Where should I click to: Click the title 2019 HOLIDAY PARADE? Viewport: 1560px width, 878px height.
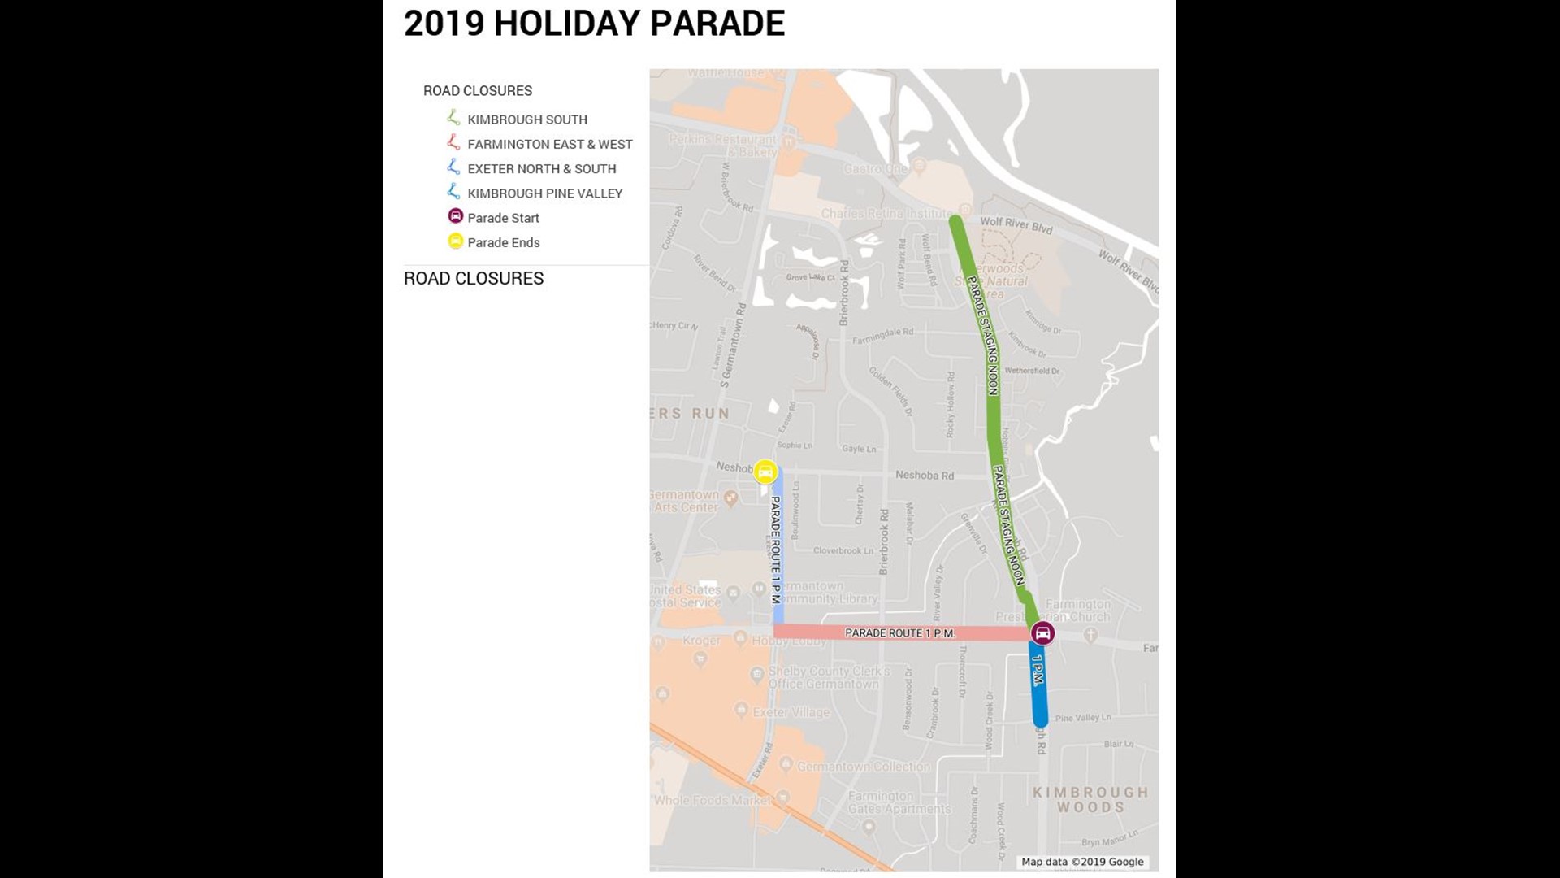594,24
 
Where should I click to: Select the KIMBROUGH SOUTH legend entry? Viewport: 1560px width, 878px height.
526,120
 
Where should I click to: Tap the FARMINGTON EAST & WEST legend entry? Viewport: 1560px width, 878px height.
549,144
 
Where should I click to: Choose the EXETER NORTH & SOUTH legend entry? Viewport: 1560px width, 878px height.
541,168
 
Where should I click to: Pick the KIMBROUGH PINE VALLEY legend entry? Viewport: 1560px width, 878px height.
544,193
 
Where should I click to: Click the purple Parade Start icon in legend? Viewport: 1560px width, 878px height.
456,216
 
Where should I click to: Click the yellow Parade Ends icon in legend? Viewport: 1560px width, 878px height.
456,241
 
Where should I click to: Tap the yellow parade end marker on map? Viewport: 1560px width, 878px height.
765,472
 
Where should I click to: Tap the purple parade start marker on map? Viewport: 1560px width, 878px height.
1042,633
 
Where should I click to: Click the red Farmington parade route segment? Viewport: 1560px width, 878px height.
899,632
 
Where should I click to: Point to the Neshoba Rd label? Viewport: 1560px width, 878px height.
925,476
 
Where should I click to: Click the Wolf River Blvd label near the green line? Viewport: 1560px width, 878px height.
1016,224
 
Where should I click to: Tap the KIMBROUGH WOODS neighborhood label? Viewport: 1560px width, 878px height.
1090,799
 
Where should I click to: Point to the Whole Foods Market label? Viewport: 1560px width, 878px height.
713,800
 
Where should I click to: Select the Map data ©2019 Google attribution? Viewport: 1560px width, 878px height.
1082,862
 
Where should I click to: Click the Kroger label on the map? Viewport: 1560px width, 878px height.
701,641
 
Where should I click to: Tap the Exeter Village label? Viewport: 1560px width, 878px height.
791,712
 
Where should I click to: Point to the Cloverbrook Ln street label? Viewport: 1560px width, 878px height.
843,550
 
